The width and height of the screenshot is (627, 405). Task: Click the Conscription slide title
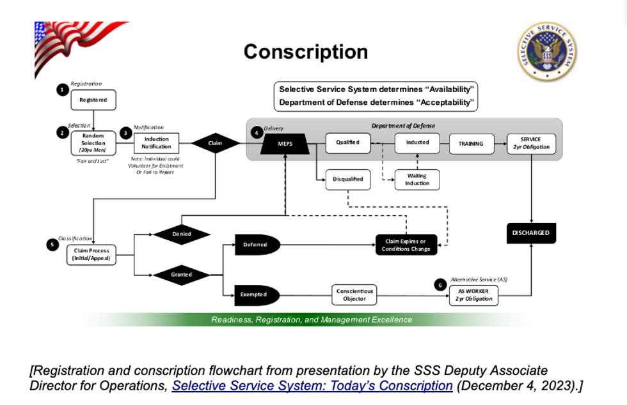click(306, 52)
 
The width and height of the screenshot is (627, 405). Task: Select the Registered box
click(93, 100)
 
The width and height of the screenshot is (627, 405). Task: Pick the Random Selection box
click(93, 143)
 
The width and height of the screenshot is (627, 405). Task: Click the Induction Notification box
click(156, 142)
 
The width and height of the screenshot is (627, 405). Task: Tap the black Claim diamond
click(215, 143)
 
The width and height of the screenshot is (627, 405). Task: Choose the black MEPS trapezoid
click(285, 144)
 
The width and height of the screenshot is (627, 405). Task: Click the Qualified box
click(347, 142)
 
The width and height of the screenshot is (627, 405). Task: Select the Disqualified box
click(347, 179)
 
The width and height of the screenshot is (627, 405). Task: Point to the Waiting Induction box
click(417, 180)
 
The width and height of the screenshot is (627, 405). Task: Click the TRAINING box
click(471, 144)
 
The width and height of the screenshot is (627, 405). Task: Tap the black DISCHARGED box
click(531, 233)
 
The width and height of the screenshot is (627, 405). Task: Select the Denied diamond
click(182, 234)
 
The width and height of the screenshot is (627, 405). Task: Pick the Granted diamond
click(182, 275)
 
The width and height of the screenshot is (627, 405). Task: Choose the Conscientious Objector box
click(354, 295)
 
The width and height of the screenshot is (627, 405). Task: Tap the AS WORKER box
click(473, 295)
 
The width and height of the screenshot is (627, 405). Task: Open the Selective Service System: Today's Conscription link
click(312, 386)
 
